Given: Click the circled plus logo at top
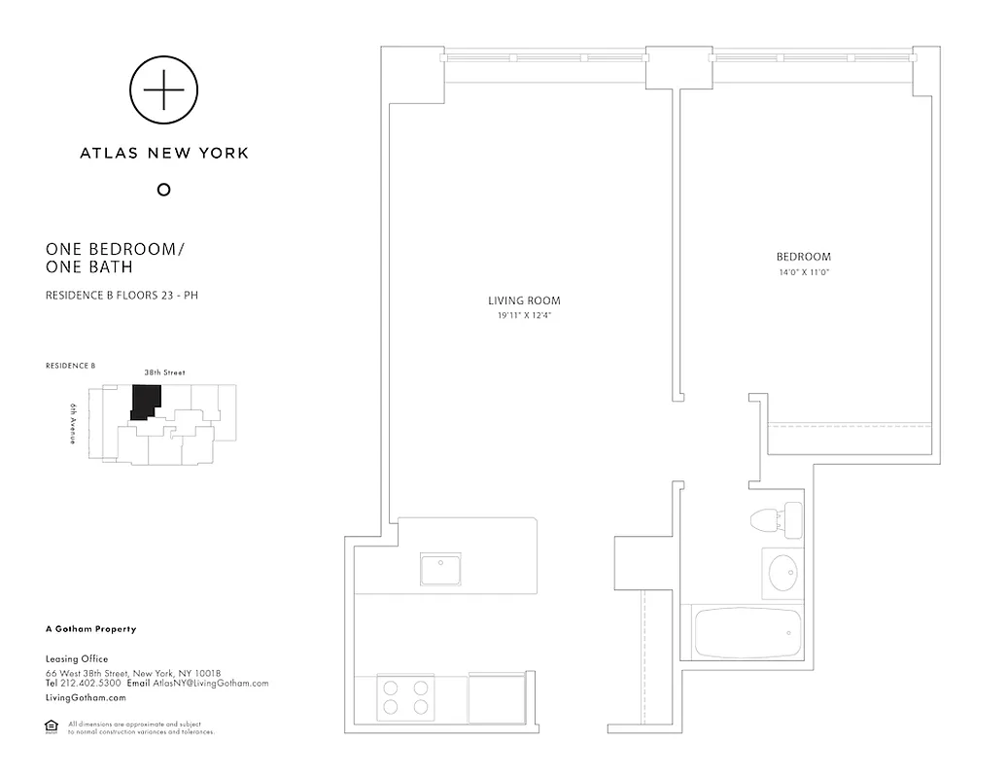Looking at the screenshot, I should pyautogui.click(x=163, y=90).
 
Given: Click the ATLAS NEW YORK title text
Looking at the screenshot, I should pyautogui.click(x=163, y=153).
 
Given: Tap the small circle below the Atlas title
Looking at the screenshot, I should pyautogui.click(x=163, y=190).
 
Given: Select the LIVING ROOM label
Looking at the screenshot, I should pyautogui.click(x=523, y=301).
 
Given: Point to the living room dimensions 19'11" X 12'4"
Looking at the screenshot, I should pyautogui.click(x=523, y=315).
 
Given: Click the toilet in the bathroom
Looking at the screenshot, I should pyautogui.click(x=778, y=520).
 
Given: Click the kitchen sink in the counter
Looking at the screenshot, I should pyautogui.click(x=440, y=568).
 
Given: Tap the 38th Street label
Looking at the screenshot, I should pyautogui.click(x=164, y=372).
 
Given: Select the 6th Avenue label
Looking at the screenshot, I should pyautogui.click(x=73, y=424).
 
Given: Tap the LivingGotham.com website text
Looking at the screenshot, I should pyautogui.click(x=86, y=698).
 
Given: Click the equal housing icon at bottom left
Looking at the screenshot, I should pyautogui.click(x=52, y=725).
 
